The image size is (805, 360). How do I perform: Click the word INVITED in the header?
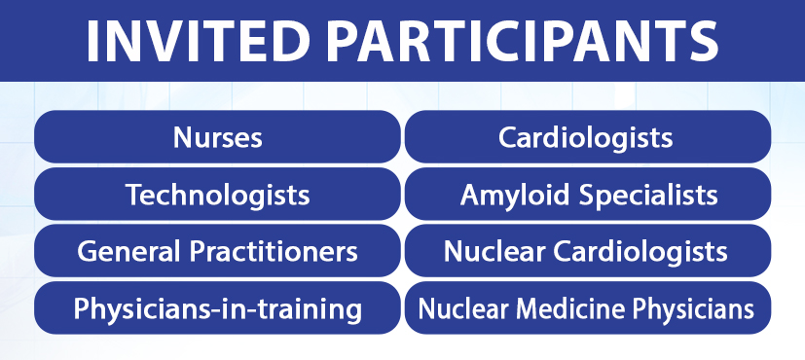click(199, 40)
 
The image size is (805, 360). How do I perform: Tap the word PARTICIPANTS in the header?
click(522, 40)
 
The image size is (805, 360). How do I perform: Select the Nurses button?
click(217, 137)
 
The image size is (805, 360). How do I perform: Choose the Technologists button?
click(217, 195)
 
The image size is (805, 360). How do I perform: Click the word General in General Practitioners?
click(128, 252)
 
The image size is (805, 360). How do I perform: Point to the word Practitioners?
click(274, 252)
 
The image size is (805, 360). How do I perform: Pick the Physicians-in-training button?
click(217, 308)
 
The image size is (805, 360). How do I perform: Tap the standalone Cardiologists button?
click(588, 137)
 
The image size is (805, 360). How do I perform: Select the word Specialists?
click(648, 196)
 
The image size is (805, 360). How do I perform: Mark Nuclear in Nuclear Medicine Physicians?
click(463, 308)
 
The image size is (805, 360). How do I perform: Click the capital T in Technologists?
click(135, 195)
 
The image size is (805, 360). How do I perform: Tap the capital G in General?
click(88, 252)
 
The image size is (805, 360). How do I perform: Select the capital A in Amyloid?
click(471, 195)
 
